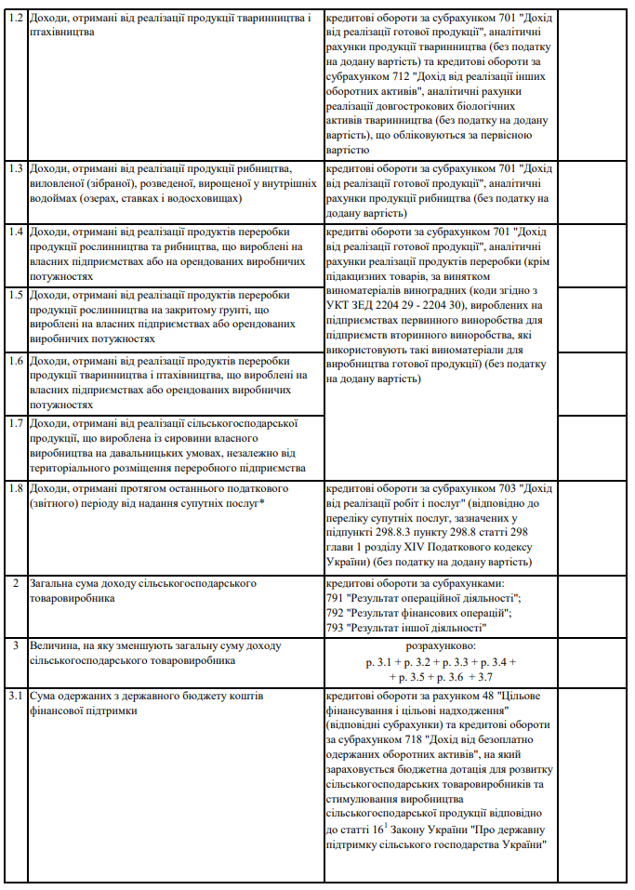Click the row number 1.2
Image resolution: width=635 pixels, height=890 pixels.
coord(15,19)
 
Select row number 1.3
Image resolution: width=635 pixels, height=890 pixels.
coord(15,169)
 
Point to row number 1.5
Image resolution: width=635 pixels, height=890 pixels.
coord(15,296)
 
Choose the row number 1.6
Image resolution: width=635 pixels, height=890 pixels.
coord(15,360)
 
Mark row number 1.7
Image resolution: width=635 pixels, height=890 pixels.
coord(15,424)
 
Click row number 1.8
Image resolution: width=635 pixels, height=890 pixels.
coord(15,488)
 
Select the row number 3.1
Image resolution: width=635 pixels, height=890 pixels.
coord(15,697)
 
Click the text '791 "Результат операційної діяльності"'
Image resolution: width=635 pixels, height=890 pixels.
coord(423,599)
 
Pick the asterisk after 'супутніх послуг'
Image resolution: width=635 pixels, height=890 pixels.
coord(263,503)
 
